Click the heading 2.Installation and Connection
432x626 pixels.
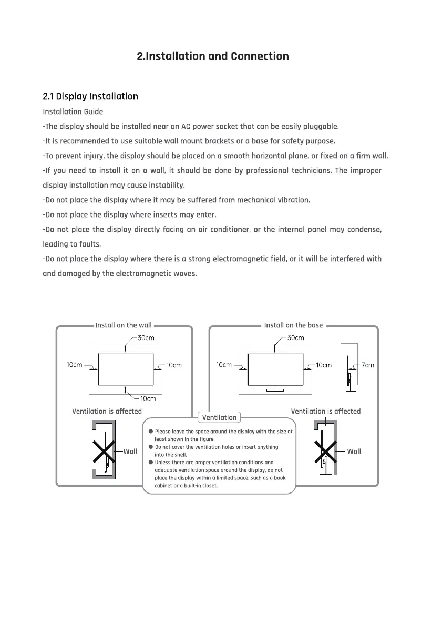[212, 56]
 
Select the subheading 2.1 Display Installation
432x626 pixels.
[90, 96]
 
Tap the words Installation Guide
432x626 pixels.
[73, 111]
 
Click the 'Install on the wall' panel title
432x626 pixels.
[124, 325]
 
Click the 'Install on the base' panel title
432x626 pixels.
[293, 325]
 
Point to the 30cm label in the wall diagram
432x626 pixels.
[146, 338]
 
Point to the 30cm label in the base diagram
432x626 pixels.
[295, 338]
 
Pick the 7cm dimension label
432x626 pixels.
[368, 365]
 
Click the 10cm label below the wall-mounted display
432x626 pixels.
[148, 399]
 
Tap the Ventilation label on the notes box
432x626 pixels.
[219, 417]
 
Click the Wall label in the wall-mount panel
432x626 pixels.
[130, 451]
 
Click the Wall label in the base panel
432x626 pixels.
[354, 451]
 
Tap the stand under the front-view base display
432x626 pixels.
[275, 389]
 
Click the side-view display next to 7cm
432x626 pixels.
[348, 373]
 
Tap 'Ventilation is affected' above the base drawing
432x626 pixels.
[326, 411]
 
